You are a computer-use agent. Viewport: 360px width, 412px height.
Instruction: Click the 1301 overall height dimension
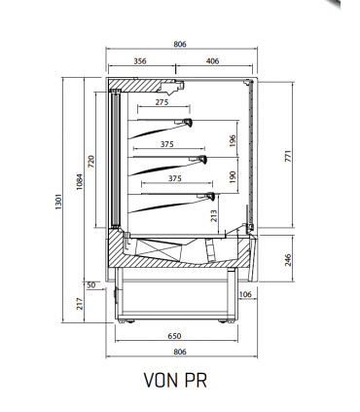(x=58, y=202)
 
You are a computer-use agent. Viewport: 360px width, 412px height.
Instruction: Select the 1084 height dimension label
(x=80, y=182)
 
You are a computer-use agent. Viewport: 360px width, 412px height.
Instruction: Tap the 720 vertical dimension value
(x=91, y=162)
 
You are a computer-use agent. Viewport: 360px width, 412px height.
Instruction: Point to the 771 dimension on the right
(x=288, y=156)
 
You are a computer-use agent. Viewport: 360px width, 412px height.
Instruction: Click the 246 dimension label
(x=288, y=260)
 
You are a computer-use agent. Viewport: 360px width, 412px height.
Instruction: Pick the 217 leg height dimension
(x=80, y=304)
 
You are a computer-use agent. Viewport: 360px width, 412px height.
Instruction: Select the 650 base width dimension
(x=174, y=336)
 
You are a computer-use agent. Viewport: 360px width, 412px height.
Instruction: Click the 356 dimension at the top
(x=140, y=61)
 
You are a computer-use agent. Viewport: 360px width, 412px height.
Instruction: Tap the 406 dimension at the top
(x=212, y=61)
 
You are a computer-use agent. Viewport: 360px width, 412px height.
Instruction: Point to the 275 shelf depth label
(x=162, y=102)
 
